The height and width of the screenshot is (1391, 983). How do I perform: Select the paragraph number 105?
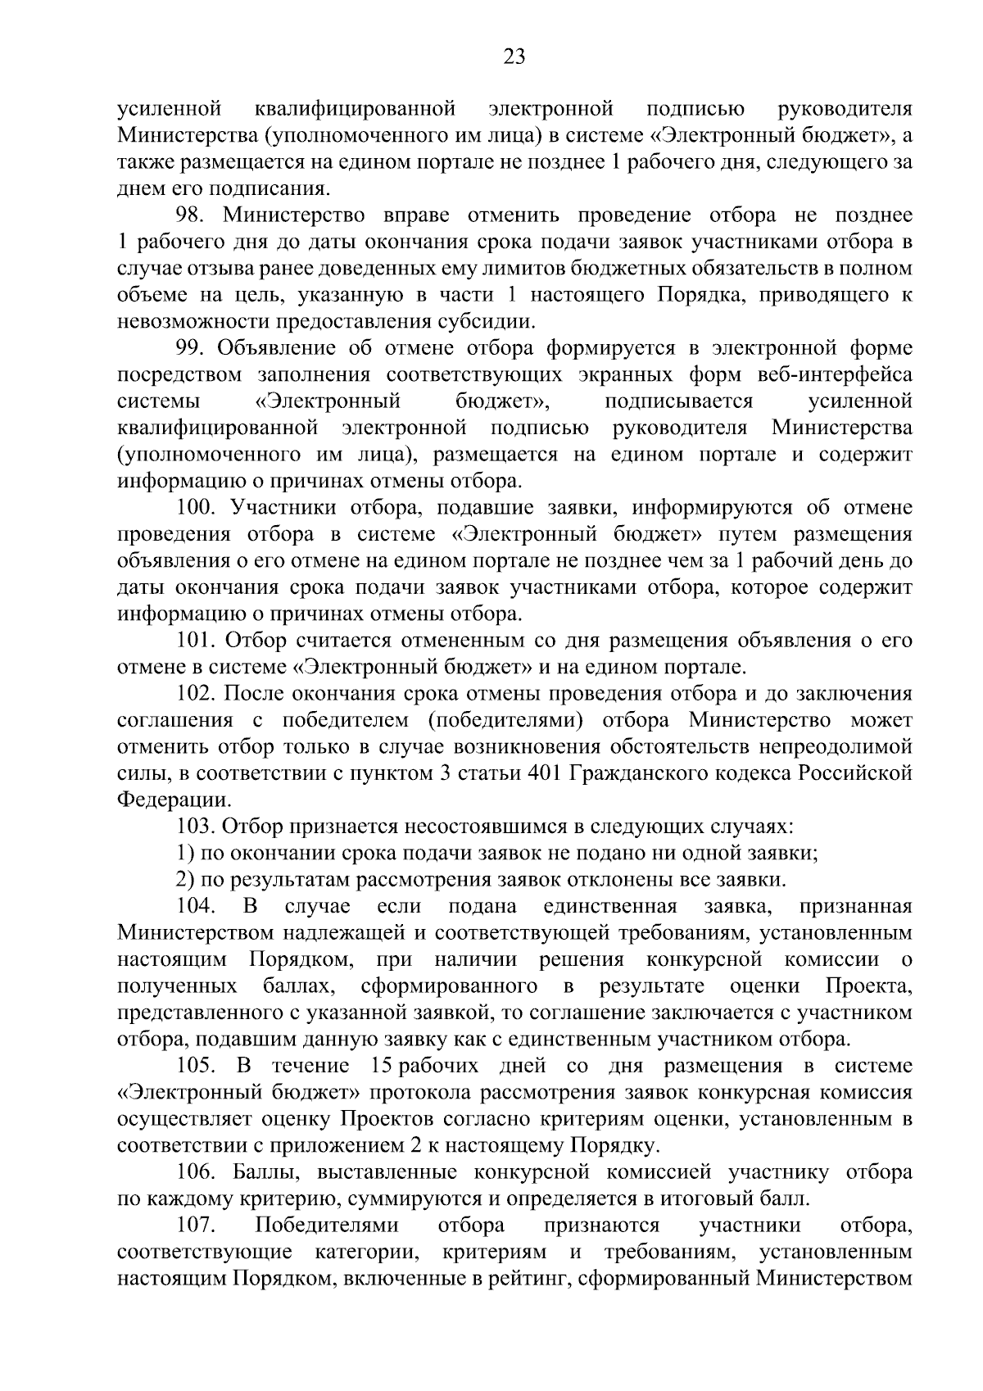click(x=196, y=1066)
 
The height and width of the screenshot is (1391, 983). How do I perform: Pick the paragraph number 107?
click(x=196, y=1226)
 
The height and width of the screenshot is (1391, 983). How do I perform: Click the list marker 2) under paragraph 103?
click(x=185, y=880)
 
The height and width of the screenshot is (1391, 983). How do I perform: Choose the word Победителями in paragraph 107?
click(x=328, y=1226)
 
